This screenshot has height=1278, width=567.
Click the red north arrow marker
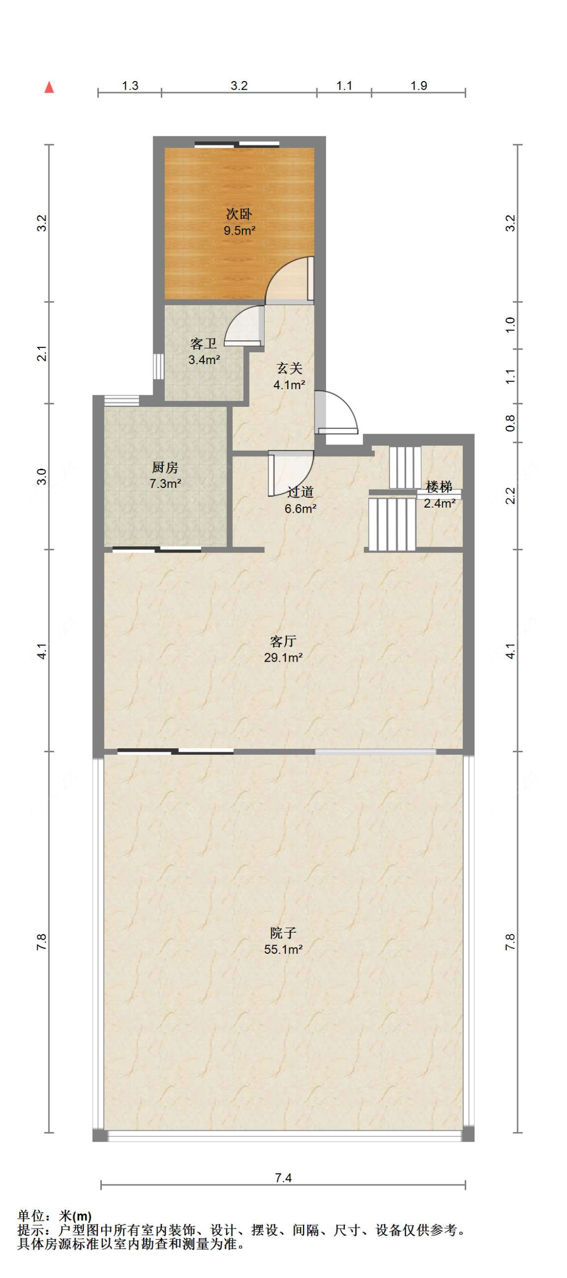(49, 87)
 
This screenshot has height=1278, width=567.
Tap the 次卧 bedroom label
(239, 214)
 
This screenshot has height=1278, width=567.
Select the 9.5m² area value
(239, 231)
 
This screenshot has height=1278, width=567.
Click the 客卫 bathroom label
(204, 343)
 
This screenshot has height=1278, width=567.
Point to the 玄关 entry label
(289, 369)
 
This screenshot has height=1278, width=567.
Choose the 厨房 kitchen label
(165, 467)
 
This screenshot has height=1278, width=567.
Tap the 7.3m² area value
(165, 484)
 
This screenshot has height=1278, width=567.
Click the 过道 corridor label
(300, 492)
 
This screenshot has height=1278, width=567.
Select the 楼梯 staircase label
(438, 487)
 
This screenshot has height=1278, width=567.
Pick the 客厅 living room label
(283, 641)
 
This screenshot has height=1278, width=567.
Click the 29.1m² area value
(283, 658)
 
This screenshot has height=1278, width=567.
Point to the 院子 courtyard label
(283, 933)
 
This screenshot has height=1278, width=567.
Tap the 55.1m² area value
(283, 950)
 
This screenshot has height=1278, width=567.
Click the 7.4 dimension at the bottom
(283, 1178)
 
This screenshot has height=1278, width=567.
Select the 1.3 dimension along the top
(130, 86)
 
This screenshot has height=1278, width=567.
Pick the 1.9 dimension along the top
(419, 86)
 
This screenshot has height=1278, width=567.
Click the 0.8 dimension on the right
(511, 423)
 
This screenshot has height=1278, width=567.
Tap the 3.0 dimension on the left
(42, 476)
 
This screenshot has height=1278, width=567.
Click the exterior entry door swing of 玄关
(337, 412)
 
